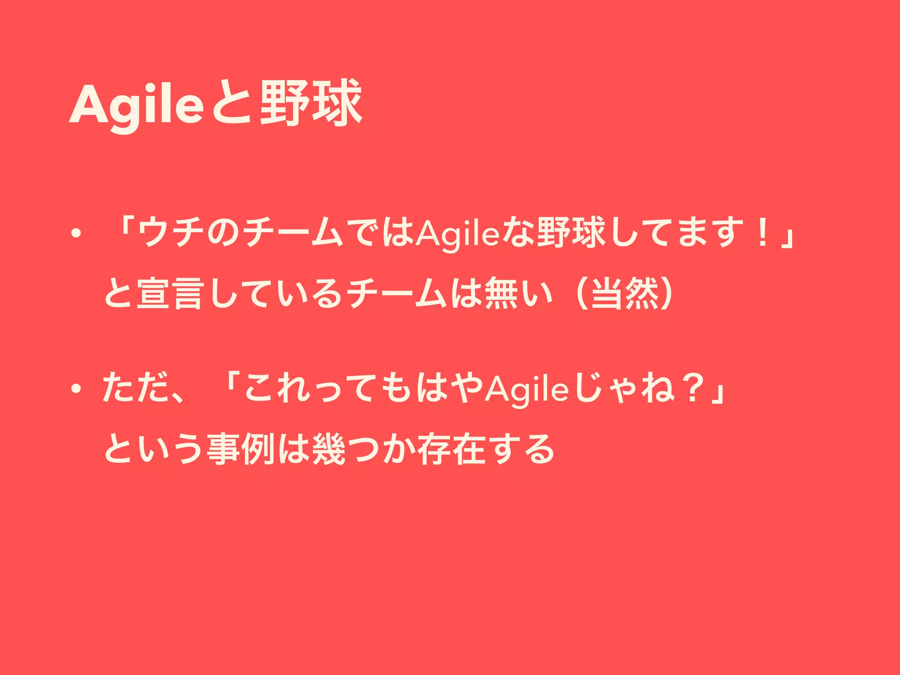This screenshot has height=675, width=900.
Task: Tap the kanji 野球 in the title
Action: (x=311, y=103)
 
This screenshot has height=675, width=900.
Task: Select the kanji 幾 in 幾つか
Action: (x=327, y=449)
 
